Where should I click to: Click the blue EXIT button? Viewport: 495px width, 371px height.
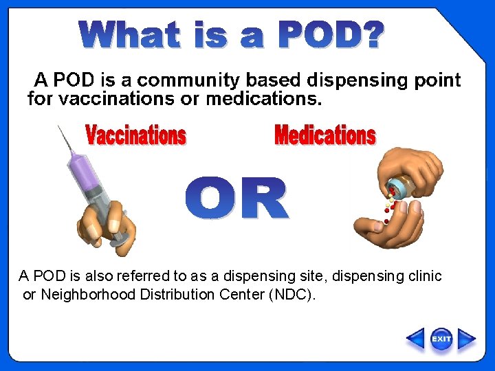click(x=441, y=339)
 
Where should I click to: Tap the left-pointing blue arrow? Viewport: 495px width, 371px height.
click(x=415, y=339)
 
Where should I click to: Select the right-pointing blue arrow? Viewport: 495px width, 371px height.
click(x=467, y=339)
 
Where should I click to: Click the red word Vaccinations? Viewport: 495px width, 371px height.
click(x=135, y=135)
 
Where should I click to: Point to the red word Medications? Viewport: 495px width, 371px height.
click(x=324, y=135)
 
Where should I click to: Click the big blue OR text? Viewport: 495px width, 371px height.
click(x=236, y=199)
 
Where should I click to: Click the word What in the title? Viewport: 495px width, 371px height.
click(x=130, y=35)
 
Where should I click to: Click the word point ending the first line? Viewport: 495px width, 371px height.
click(x=437, y=80)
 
